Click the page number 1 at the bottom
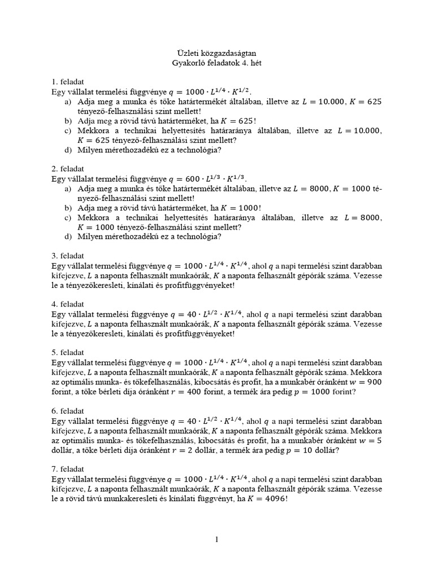(216, 540)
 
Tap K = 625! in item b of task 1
(236, 121)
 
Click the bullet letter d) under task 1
(68, 150)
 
